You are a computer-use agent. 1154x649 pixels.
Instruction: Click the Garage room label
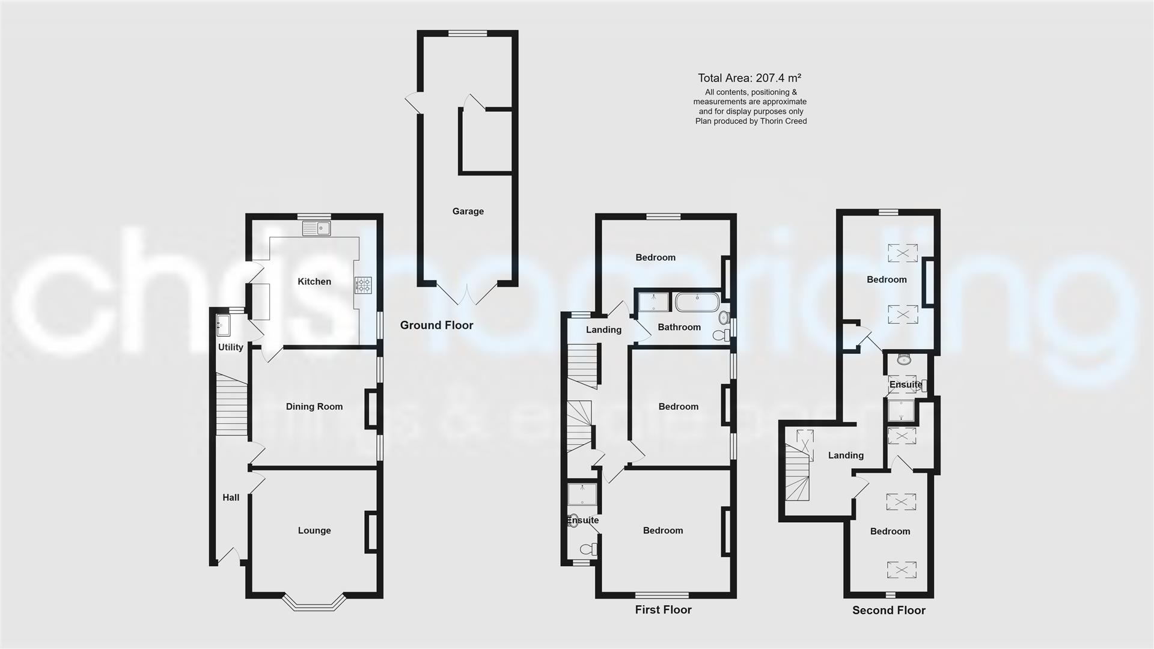pos(468,212)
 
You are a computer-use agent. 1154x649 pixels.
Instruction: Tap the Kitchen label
pos(314,282)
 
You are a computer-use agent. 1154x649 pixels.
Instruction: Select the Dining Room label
pos(314,407)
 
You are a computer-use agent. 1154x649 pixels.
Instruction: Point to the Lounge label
pos(314,531)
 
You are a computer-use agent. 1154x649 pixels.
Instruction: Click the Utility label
pos(230,347)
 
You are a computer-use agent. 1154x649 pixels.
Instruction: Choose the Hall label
pos(231,498)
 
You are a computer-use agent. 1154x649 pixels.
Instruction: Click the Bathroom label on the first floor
pos(679,328)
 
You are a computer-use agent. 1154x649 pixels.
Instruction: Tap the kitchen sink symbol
pos(317,228)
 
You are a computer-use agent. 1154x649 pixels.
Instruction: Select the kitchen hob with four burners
pos(364,285)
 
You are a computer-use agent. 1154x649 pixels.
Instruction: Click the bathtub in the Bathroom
pos(697,302)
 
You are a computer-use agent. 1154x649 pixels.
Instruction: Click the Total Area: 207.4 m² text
pos(749,78)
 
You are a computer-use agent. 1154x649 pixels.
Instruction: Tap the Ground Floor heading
pos(437,326)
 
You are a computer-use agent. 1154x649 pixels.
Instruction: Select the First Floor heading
pos(663,610)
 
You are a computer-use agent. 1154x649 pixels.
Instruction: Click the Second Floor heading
pos(888,611)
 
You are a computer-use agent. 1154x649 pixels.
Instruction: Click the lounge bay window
pos(314,603)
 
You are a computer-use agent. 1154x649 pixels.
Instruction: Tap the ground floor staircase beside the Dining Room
pos(232,404)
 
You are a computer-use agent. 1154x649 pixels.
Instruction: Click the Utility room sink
pos(221,324)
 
